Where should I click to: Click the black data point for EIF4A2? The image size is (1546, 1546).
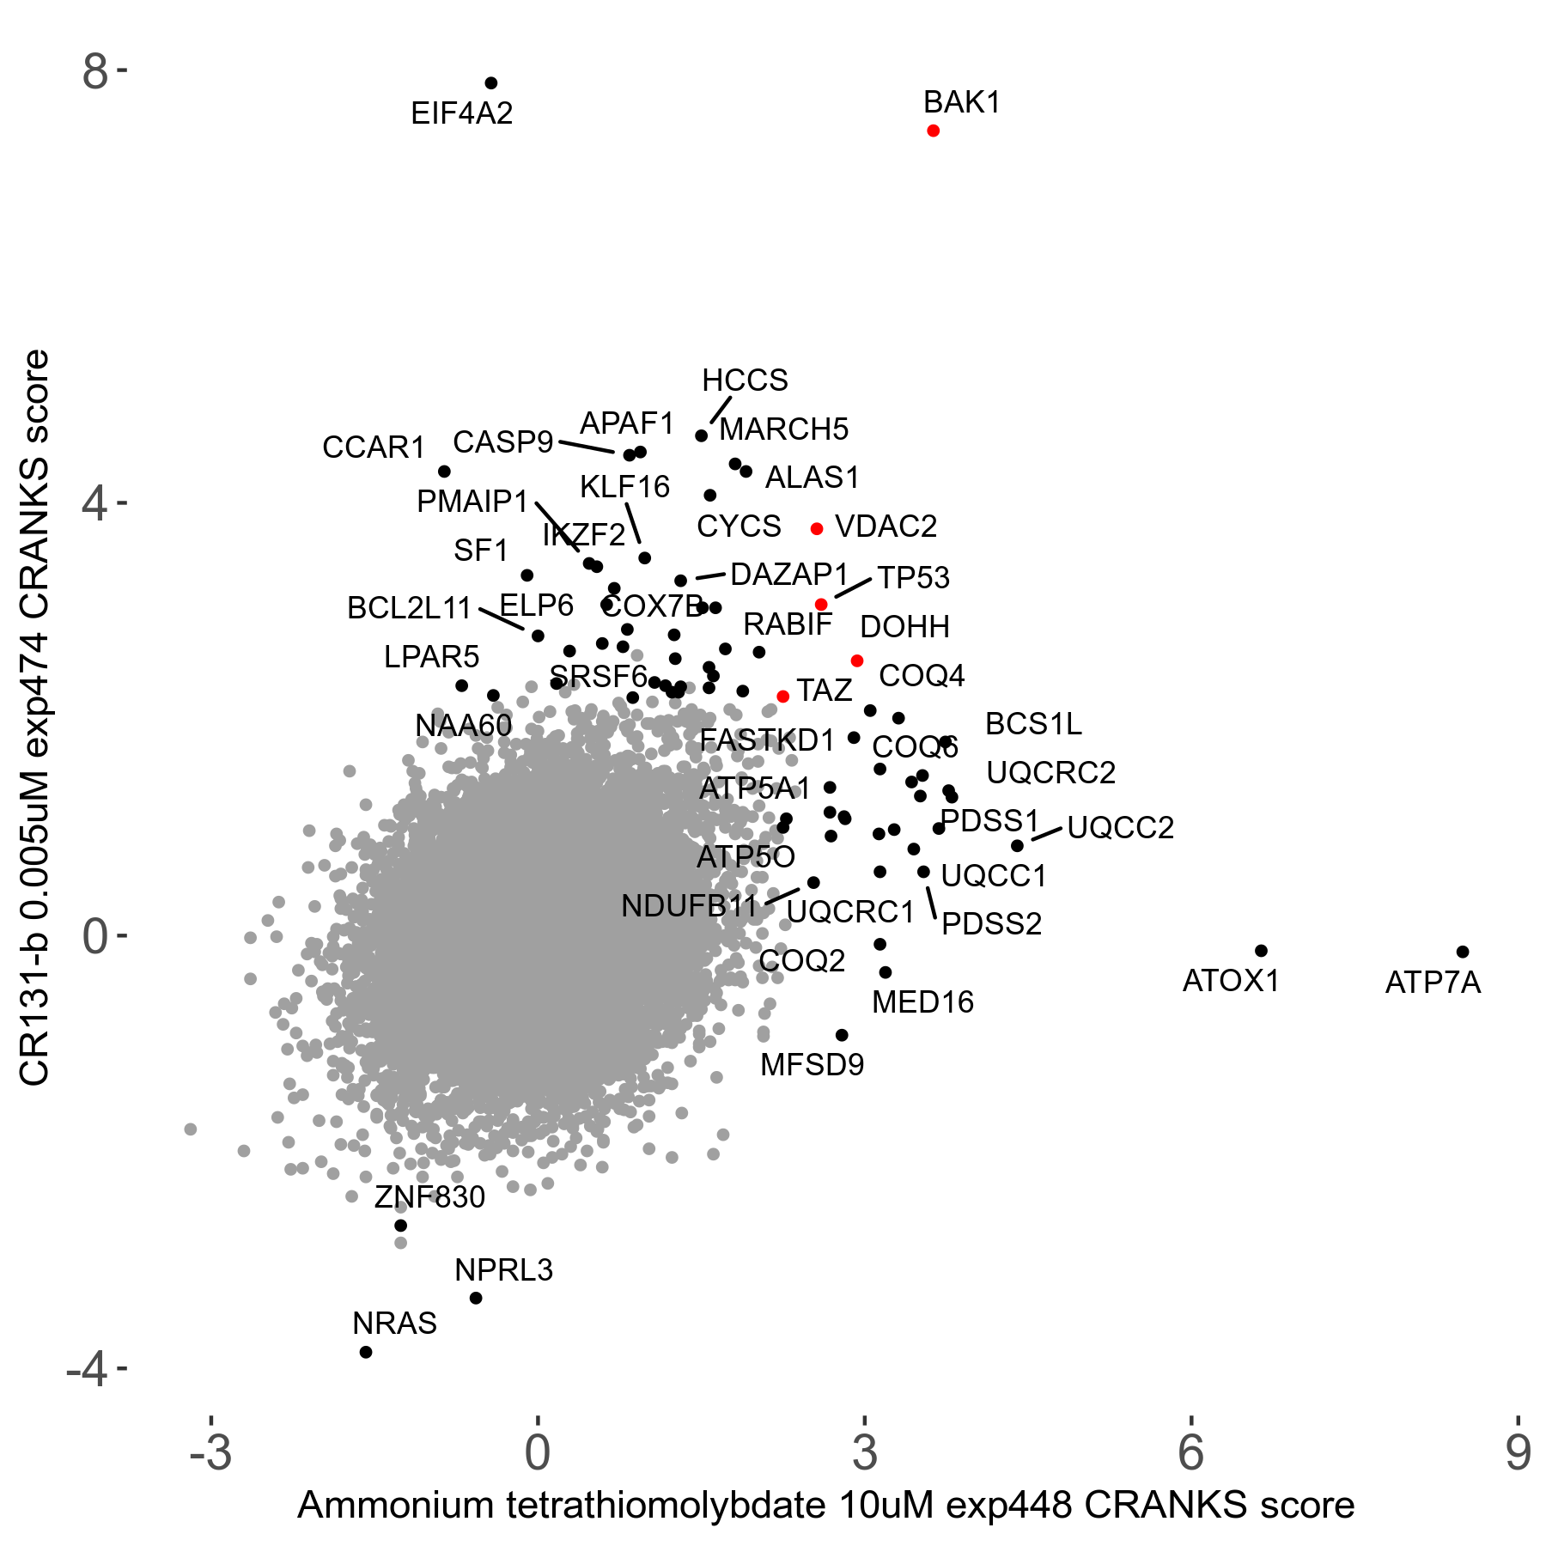(x=491, y=83)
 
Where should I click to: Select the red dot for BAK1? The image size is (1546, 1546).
(x=934, y=131)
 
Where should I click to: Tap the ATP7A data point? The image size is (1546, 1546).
(x=1463, y=952)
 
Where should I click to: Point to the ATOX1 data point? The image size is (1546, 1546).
(x=1261, y=951)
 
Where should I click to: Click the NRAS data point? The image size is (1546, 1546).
(x=366, y=1352)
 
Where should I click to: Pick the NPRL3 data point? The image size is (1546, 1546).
(x=476, y=1298)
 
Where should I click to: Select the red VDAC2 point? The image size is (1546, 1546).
(x=817, y=529)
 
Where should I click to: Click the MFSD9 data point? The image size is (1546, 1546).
(x=842, y=1035)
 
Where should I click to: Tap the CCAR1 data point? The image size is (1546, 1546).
(x=444, y=472)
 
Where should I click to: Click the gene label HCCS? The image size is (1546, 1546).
(x=745, y=380)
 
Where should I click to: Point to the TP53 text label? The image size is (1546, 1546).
(x=913, y=578)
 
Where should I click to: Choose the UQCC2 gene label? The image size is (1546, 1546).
(x=1120, y=828)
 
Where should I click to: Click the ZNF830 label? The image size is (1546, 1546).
(x=429, y=1196)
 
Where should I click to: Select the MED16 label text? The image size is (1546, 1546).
(x=922, y=1002)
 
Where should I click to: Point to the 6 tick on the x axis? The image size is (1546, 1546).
(x=1191, y=1452)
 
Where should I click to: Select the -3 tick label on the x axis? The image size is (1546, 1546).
(x=210, y=1452)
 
